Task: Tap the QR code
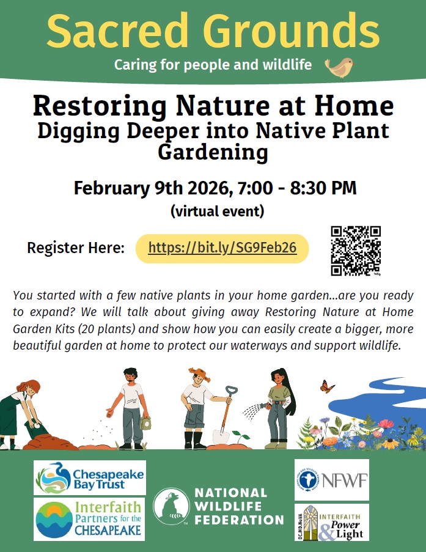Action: (x=356, y=251)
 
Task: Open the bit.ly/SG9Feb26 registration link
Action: (x=222, y=248)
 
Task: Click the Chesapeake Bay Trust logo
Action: (x=90, y=477)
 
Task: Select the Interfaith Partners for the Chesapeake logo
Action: (x=90, y=519)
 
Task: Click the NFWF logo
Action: (x=331, y=480)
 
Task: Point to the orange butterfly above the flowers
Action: (x=328, y=386)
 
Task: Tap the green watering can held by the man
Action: (x=145, y=424)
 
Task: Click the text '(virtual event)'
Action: (x=217, y=212)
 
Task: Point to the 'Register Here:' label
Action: (x=76, y=248)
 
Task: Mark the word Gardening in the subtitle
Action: (x=213, y=152)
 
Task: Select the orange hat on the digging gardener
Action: (x=199, y=374)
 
